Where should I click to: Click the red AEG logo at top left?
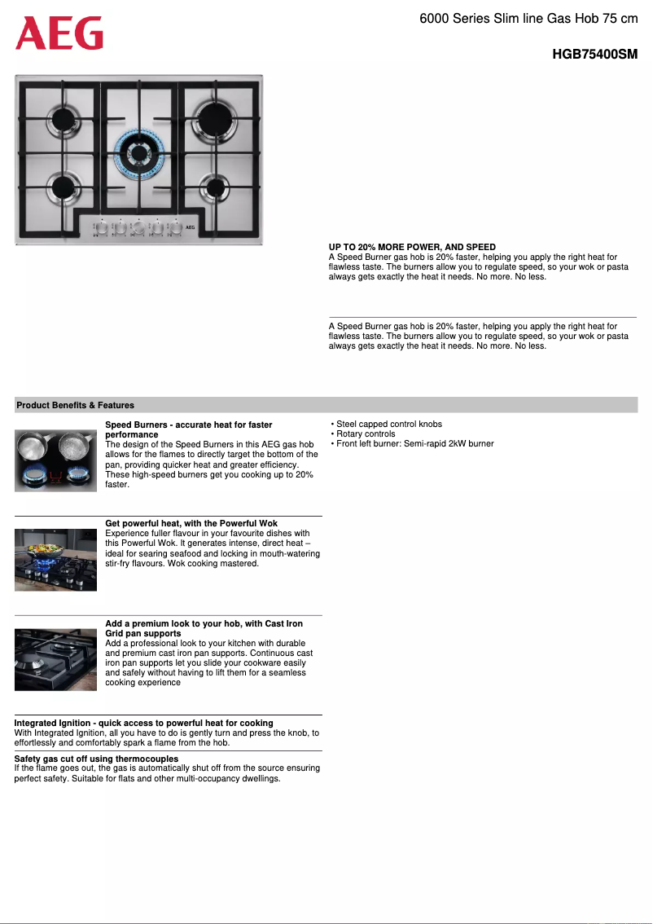click(59, 34)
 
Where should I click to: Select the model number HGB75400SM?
click(594, 55)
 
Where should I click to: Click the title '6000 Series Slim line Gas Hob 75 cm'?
click(528, 18)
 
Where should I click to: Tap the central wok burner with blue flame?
click(139, 153)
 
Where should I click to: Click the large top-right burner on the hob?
click(216, 117)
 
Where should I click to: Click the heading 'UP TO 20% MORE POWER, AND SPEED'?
click(412, 247)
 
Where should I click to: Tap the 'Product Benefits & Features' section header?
click(75, 405)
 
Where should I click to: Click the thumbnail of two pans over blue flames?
click(55, 460)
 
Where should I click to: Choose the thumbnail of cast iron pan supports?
click(55, 659)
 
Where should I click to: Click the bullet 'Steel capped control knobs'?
click(388, 424)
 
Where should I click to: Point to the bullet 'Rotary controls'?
click(366, 433)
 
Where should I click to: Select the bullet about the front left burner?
click(414, 443)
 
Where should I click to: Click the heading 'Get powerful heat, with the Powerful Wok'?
click(191, 523)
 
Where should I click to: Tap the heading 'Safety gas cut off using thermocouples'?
click(96, 759)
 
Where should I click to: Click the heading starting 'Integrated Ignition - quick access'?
click(143, 723)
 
